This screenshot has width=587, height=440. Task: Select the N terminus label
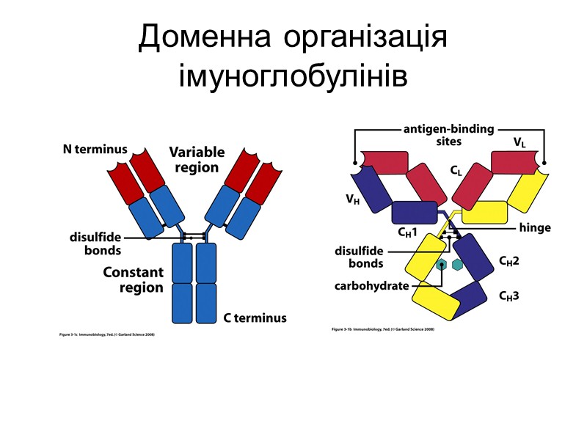(95, 150)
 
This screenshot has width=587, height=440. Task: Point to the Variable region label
(197, 159)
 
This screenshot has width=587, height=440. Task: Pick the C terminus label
(255, 318)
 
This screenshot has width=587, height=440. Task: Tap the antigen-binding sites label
(448, 134)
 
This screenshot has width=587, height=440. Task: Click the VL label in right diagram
(519, 142)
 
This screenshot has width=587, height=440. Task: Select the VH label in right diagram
(354, 199)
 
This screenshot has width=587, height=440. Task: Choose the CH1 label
(407, 232)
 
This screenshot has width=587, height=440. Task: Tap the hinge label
(534, 228)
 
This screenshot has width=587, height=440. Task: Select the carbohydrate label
(372, 285)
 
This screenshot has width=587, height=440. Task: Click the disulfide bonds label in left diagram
(95, 243)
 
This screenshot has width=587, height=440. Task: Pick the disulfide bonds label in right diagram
(361, 257)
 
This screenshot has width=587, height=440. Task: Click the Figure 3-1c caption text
(106, 335)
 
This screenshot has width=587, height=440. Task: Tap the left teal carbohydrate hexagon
(442, 265)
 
